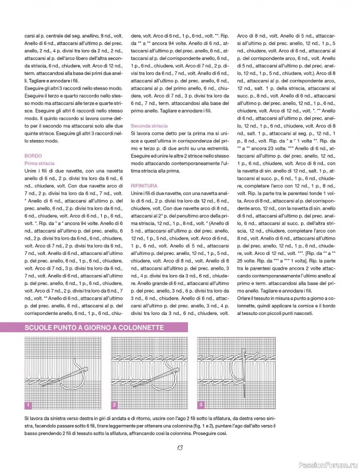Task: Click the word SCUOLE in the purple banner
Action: (41, 327)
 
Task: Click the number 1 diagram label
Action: (28, 404)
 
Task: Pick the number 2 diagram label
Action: (115, 404)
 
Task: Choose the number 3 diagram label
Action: (202, 404)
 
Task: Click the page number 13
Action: (179, 446)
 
